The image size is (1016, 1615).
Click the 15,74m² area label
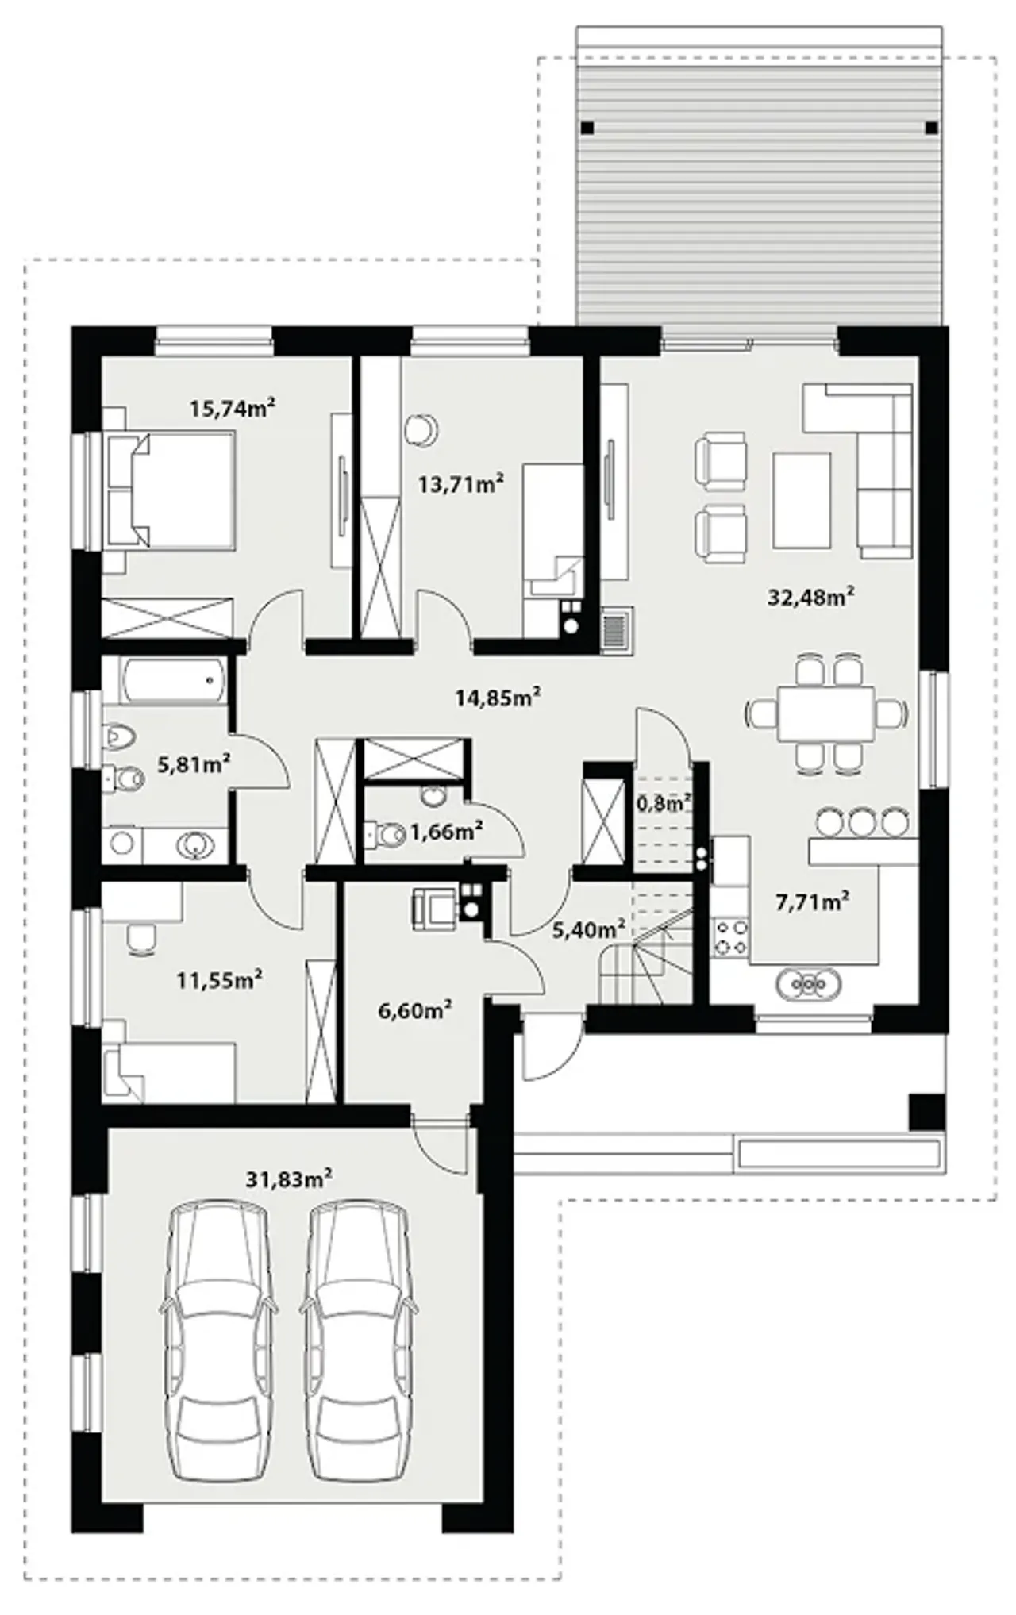232,409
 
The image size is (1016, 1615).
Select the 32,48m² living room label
810,597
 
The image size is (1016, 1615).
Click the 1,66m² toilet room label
447,832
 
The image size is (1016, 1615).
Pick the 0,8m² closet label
663,804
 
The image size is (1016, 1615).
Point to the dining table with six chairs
826,713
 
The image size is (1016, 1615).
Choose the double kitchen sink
809,984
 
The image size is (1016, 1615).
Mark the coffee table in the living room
802,500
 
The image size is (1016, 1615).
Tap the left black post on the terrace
587,128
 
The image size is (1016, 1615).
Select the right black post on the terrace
932,128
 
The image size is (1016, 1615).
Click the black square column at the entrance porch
926,1112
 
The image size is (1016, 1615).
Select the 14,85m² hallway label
498,698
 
